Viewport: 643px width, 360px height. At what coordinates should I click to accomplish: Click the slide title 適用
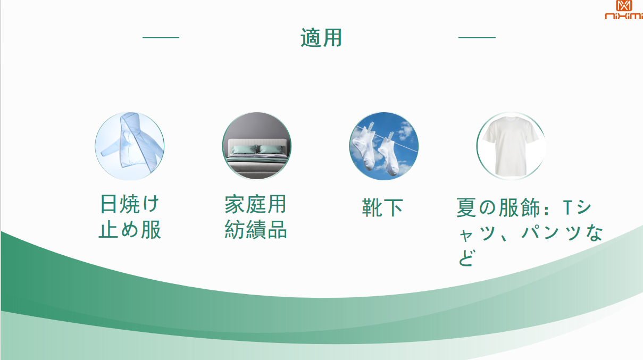click(x=321, y=38)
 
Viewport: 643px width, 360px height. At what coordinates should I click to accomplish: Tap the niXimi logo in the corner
click(x=624, y=10)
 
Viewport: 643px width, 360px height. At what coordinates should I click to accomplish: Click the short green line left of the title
click(x=161, y=38)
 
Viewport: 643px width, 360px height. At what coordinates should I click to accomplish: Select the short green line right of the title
click(x=477, y=38)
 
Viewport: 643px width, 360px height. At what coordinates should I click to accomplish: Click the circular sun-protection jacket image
click(x=129, y=146)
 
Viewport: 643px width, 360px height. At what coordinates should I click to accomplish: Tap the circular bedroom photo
click(x=257, y=146)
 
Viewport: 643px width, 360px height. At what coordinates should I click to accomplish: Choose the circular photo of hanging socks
click(x=384, y=146)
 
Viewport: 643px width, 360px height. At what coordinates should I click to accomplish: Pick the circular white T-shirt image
click(x=511, y=146)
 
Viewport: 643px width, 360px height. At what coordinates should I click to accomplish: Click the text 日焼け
click(x=129, y=204)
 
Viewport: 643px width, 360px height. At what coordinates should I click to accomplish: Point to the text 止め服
click(x=129, y=229)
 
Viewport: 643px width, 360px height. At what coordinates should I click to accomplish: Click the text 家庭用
click(x=255, y=204)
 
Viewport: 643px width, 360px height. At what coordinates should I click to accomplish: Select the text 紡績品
click(x=255, y=229)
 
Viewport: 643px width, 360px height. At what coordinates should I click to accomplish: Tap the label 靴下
click(x=382, y=207)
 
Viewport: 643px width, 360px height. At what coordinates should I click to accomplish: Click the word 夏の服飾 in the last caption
click(x=498, y=207)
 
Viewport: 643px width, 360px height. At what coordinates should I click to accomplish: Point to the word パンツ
click(x=553, y=232)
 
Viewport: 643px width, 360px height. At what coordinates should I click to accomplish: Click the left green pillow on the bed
click(x=244, y=149)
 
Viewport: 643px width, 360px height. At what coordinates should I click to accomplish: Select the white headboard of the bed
click(x=257, y=146)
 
